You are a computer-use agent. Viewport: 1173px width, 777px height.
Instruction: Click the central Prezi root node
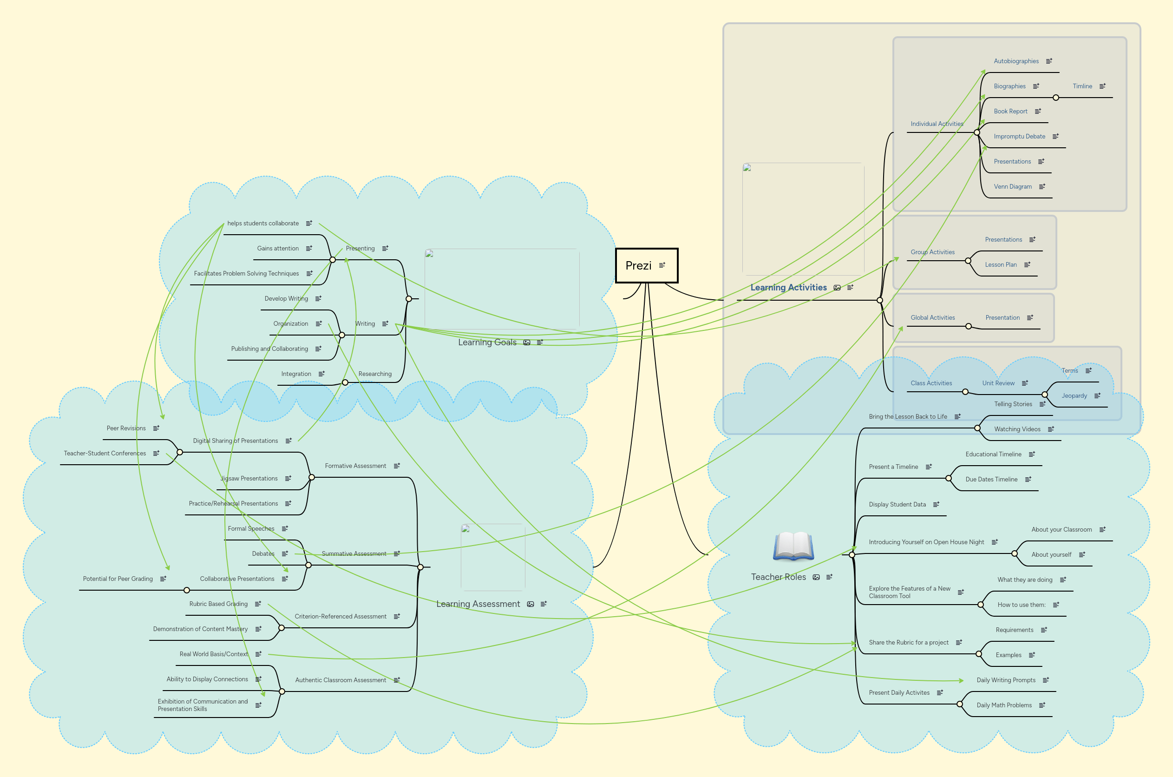(638, 266)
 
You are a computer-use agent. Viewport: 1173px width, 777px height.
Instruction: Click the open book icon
(793, 546)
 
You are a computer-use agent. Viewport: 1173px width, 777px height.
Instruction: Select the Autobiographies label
(1016, 61)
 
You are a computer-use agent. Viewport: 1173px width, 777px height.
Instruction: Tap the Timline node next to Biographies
(1082, 86)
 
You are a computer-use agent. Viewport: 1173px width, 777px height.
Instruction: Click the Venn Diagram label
(1013, 187)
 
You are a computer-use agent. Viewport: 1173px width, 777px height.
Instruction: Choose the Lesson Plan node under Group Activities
(1001, 264)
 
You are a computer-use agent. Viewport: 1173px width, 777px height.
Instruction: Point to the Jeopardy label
(1074, 395)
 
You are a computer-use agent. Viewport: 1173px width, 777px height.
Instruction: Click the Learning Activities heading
(788, 287)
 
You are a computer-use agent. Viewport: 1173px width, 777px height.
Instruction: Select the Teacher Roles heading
(778, 577)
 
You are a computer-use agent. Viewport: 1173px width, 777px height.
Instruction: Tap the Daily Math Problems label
(1004, 705)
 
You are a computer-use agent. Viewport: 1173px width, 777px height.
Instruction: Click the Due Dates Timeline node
(991, 479)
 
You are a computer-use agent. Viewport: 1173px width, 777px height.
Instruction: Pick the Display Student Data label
(897, 505)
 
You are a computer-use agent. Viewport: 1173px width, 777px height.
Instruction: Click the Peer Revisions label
(126, 428)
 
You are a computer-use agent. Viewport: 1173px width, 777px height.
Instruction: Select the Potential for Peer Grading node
(118, 579)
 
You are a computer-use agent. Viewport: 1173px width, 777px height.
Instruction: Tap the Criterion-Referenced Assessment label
(341, 617)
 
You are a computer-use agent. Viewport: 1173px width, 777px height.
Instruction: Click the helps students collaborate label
(262, 224)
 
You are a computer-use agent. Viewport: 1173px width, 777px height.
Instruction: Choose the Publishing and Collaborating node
(269, 349)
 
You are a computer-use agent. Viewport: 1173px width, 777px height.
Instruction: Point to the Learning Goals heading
(487, 342)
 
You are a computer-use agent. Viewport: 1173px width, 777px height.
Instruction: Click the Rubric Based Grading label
(218, 604)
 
